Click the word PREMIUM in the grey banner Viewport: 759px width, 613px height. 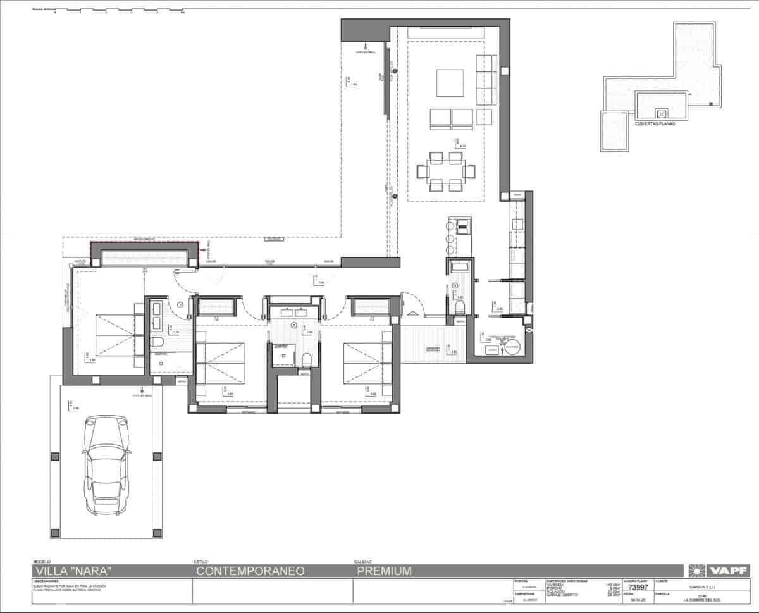point(384,571)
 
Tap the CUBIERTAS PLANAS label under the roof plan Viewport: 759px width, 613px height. point(655,124)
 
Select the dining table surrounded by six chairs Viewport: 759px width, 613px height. point(446,171)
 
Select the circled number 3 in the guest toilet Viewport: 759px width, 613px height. point(455,286)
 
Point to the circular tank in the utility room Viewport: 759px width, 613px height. point(511,347)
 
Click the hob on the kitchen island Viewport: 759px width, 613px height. point(463,223)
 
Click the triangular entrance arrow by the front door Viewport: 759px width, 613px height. point(410,312)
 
